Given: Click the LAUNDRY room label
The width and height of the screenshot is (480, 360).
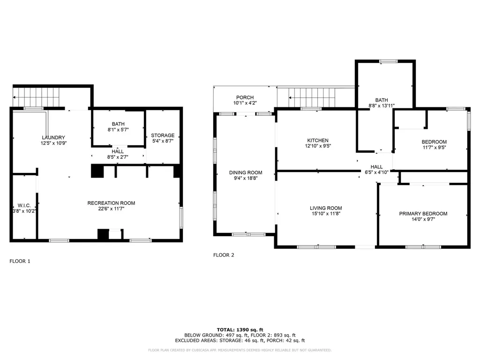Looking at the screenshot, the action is pyautogui.click(x=53, y=138).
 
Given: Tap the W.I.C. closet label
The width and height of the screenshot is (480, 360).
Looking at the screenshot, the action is pyautogui.click(x=24, y=206).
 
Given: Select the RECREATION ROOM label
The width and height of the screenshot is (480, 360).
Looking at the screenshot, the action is pyautogui.click(x=111, y=203).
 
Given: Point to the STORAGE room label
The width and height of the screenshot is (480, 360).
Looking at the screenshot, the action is pyautogui.click(x=163, y=135).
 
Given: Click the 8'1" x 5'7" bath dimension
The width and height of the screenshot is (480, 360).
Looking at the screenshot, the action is pyautogui.click(x=118, y=130).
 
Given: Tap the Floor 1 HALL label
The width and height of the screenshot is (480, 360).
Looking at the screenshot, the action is pyautogui.click(x=118, y=151).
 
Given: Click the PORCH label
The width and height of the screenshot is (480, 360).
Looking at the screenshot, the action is pyautogui.click(x=245, y=97).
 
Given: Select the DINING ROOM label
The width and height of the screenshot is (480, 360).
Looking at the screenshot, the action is pyautogui.click(x=246, y=172).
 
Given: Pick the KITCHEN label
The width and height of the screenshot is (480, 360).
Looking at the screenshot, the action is pyautogui.click(x=318, y=141).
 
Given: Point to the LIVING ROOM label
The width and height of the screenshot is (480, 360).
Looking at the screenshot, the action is pyautogui.click(x=326, y=208).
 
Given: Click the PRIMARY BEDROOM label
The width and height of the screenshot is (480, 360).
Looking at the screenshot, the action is pyautogui.click(x=423, y=214).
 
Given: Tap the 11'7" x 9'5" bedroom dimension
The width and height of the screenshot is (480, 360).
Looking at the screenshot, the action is pyautogui.click(x=434, y=147).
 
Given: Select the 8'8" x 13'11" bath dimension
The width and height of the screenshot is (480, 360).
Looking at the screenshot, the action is pyautogui.click(x=382, y=106).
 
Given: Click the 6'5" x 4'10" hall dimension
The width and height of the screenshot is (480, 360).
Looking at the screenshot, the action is pyautogui.click(x=376, y=172).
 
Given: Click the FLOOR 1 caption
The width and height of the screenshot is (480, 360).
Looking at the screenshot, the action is pyautogui.click(x=20, y=261).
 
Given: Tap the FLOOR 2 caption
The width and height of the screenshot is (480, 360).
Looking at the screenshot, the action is pyautogui.click(x=224, y=255).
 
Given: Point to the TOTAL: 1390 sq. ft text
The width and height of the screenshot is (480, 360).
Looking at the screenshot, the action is pyautogui.click(x=240, y=330).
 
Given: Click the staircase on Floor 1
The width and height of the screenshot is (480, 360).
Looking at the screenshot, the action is pyautogui.click(x=36, y=97).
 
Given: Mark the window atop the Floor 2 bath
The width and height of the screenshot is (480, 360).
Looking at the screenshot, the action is pyautogui.click(x=389, y=61).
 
